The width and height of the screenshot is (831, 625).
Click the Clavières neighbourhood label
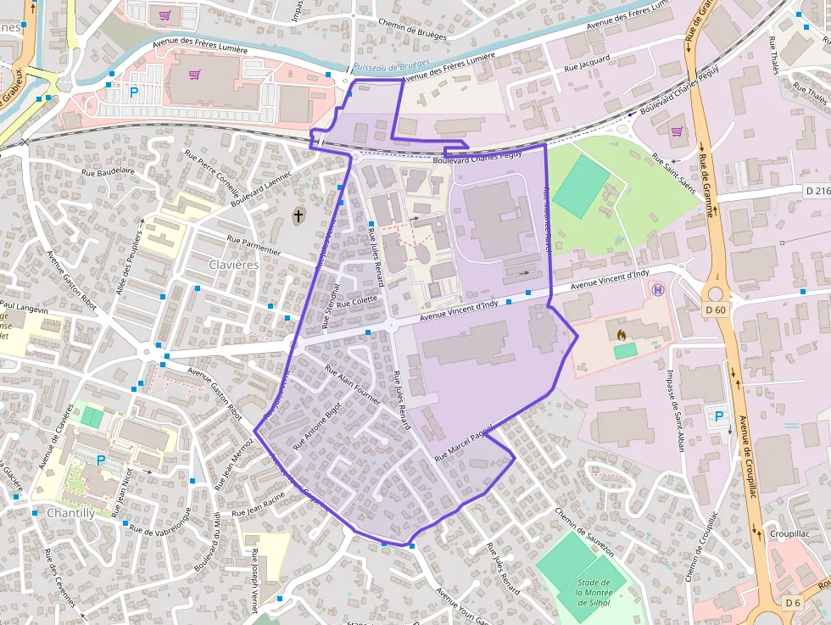pyautogui.click(x=234, y=265)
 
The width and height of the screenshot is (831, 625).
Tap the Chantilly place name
pyautogui.click(x=70, y=513)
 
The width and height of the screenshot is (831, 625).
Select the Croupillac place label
pyautogui.click(x=788, y=534)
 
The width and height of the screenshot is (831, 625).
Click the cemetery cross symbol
pyautogui.click(x=298, y=216)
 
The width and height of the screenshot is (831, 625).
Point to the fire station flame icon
pyautogui.click(x=622, y=336)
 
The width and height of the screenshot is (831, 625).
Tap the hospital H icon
pyautogui.click(x=656, y=290)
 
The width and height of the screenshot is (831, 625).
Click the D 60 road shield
pyautogui.click(x=716, y=309)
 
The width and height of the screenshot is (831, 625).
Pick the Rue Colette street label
pyautogui.click(x=357, y=300)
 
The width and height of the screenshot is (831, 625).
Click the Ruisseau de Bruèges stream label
pyautogui.click(x=393, y=64)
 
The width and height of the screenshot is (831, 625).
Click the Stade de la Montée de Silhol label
pyautogui.click(x=594, y=592)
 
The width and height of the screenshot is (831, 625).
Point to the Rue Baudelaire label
pyautogui.click(x=109, y=170)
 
